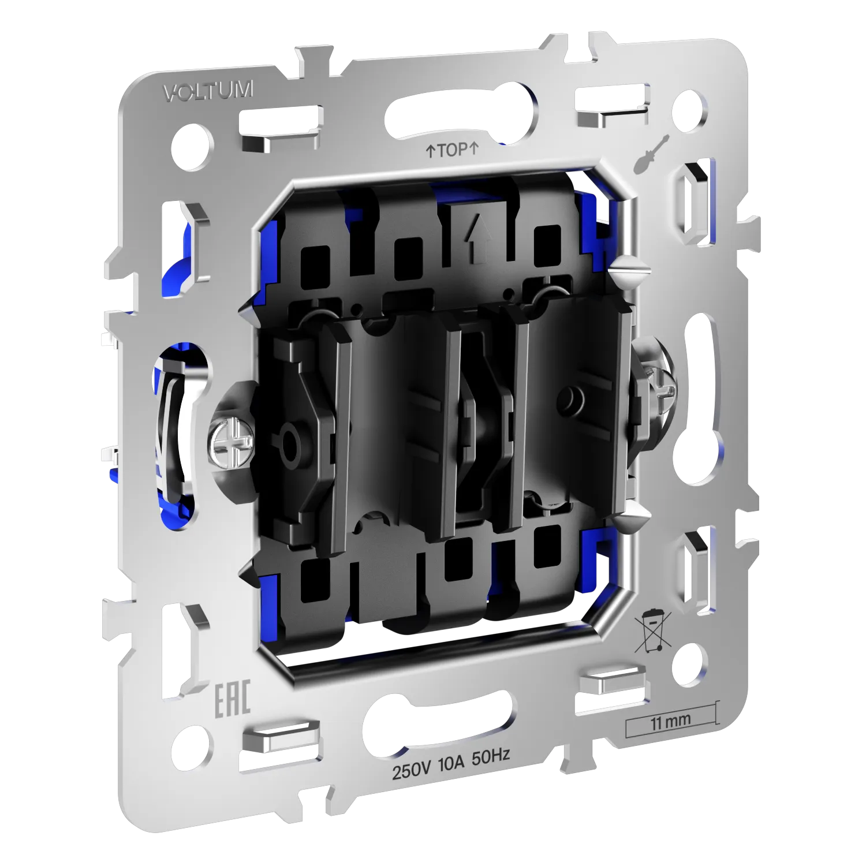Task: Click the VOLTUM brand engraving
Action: [208, 91]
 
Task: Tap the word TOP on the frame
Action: [452, 150]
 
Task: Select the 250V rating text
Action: [412, 770]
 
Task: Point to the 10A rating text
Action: [451, 763]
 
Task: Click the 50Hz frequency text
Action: [491, 756]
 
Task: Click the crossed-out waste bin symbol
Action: [652, 630]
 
